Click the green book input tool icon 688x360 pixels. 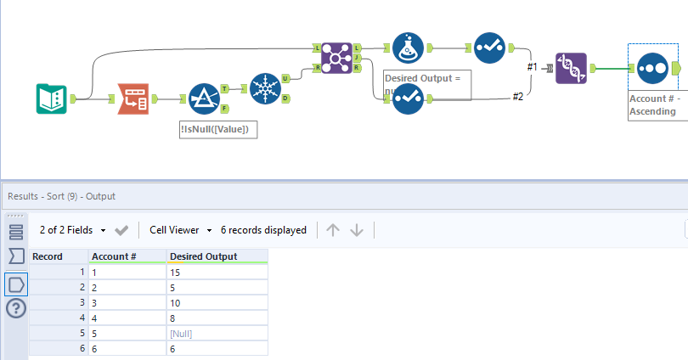click(x=53, y=99)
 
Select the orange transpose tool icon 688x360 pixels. click(x=132, y=99)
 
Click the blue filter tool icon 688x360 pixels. click(x=205, y=99)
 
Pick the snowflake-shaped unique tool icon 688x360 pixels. click(x=266, y=88)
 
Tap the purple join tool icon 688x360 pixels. click(x=336, y=57)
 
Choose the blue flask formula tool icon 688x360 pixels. click(x=409, y=49)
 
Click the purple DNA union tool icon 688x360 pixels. click(x=572, y=68)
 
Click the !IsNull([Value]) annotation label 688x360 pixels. click(x=218, y=129)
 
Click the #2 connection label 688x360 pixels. click(x=517, y=97)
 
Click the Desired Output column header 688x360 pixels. click(x=203, y=256)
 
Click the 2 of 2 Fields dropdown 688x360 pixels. click(x=73, y=229)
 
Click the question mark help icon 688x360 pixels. click(x=16, y=309)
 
